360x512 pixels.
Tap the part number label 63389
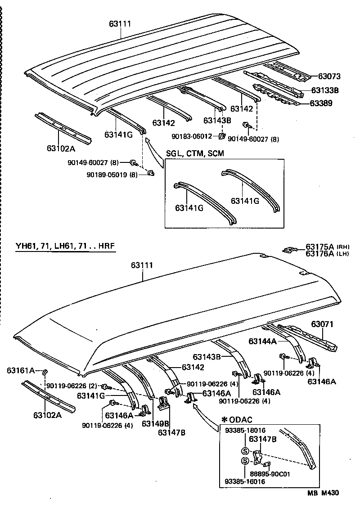(x=321, y=103)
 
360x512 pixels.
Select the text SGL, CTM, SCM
(x=195, y=153)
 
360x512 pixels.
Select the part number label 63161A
(x=21, y=370)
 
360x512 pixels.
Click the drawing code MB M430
(x=323, y=493)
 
